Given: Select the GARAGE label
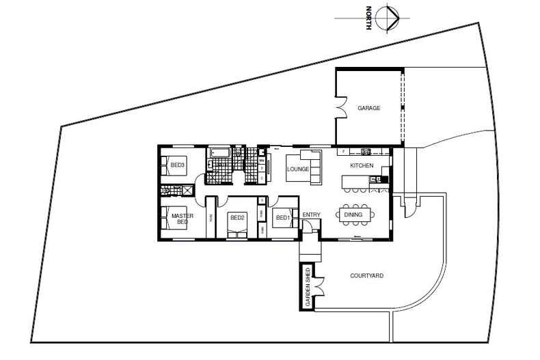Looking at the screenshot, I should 368,108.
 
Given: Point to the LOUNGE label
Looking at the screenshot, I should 299,169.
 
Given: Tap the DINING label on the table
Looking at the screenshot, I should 353,214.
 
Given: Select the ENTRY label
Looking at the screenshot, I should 311,215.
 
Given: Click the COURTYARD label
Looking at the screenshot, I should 366,276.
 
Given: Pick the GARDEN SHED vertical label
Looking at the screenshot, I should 308,286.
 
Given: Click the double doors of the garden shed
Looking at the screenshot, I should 319,286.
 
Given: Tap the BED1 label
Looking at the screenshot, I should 282,218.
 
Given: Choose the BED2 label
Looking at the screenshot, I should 237,218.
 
